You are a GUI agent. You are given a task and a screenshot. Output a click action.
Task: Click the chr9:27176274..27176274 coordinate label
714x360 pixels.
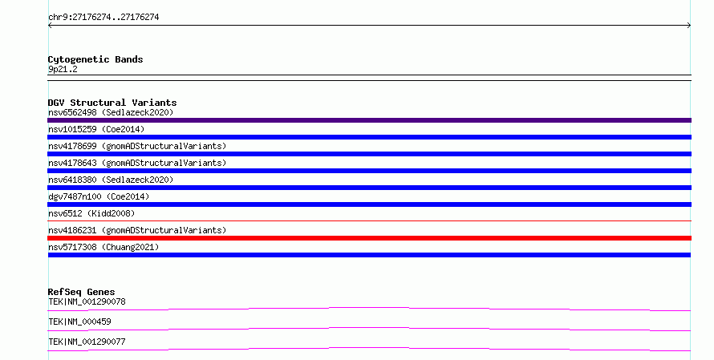103,18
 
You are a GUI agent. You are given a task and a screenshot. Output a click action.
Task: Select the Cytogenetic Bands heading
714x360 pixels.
95,59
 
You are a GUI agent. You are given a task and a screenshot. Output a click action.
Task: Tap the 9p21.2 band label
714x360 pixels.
63,69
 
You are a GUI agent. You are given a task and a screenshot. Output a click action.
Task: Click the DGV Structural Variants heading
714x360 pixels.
112,103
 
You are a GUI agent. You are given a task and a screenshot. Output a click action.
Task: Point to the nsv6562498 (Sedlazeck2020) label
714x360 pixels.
111,112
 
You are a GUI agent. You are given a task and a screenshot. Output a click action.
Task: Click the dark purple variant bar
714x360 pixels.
369,120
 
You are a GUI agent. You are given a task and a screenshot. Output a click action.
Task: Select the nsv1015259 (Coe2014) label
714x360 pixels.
96,129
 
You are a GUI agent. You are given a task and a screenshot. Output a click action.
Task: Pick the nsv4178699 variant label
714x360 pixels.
137,146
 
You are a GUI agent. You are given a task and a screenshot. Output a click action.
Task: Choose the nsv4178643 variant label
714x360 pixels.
137,163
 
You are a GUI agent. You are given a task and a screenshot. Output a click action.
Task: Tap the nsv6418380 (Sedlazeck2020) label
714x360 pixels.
111,180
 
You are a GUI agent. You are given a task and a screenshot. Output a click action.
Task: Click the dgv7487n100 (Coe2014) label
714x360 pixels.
99,196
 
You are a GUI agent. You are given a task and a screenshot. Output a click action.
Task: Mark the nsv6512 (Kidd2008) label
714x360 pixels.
91,213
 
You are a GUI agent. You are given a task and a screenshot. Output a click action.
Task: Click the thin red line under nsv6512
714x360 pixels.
369,220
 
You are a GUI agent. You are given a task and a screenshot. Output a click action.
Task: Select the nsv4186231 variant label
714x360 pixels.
137,230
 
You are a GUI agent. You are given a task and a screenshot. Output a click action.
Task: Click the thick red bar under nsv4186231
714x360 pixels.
369,238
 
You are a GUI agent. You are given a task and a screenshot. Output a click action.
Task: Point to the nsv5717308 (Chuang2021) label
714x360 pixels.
103,247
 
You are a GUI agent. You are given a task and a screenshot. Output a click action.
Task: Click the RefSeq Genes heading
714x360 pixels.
81,292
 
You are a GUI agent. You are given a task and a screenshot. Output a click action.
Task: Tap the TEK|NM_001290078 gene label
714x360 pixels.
87,301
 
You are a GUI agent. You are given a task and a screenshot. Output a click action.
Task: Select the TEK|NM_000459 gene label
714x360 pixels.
79,322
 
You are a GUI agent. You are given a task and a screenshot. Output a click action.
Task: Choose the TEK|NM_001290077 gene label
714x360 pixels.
87,342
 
